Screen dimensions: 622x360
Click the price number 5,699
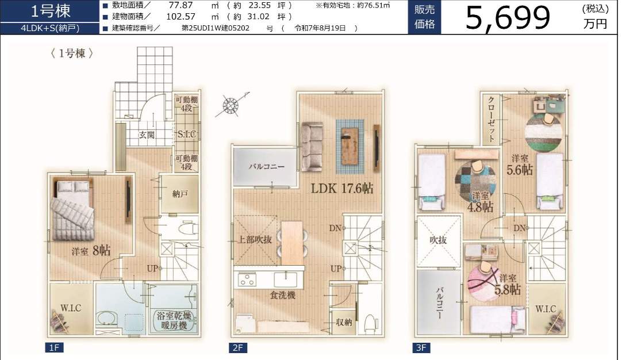coord(508,17)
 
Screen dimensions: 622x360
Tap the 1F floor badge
coord(54,348)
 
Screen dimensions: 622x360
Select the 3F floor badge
coord(421,348)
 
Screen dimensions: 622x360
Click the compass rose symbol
coord(231,105)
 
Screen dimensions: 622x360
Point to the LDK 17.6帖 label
coord(342,188)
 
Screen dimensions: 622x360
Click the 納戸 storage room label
coord(180,194)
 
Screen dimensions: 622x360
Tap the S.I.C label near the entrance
coord(186,134)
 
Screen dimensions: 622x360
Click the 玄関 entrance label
coord(147,135)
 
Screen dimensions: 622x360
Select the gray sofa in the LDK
coord(312,147)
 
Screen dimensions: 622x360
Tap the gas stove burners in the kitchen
coord(247,280)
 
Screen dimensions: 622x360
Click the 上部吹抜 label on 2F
coord(255,239)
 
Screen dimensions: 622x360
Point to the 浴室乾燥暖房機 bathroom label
coord(174,321)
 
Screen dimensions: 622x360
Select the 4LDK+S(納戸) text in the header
coord(50,29)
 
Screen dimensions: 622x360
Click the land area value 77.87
coord(181,5)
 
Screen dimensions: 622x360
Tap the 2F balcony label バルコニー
coord(267,166)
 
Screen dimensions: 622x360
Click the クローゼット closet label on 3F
coord(491,119)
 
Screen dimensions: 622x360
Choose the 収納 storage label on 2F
coord(344,322)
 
